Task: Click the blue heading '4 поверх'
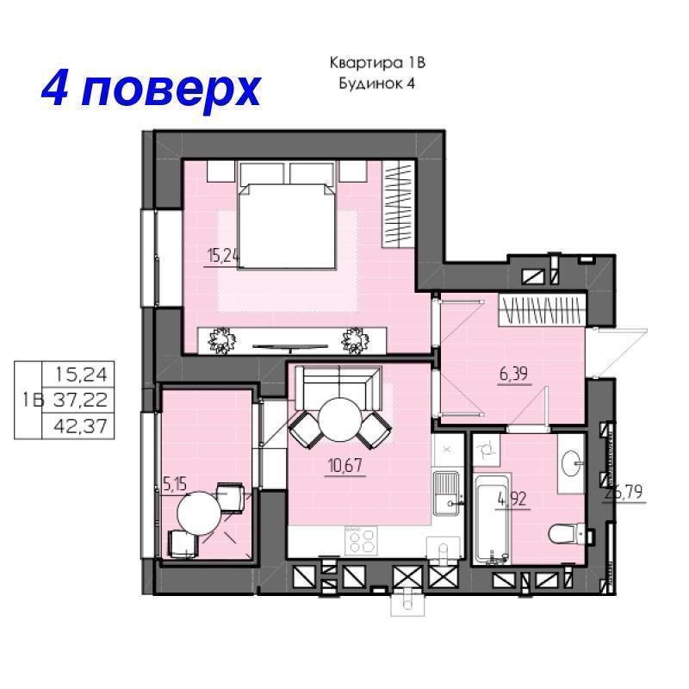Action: (151, 89)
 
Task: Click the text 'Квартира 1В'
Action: (378, 63)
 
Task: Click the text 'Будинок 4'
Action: (378, 84)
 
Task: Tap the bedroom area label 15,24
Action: (223, 255)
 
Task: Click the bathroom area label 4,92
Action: (515, 497)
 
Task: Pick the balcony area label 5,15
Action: (174, 485)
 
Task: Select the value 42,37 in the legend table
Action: (84, 424)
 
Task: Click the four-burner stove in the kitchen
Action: (361, 541)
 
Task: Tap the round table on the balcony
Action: (200, 513)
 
